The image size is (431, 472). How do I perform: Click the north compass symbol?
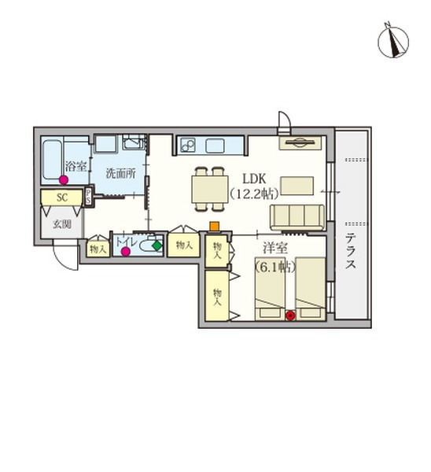pyautogui.click(x=392, y=41)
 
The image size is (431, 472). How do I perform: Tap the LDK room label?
pyautogui.click(x=254, y=179)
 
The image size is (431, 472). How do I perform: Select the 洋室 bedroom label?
pyautogui.click(x=275, y=248)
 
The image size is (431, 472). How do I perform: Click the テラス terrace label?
pyautogui.click(x=350, y=252)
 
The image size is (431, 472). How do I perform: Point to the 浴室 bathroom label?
pyautogui.click(x=76, y=166)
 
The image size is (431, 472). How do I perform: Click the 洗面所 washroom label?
pyautogui.click(x=120, y=173)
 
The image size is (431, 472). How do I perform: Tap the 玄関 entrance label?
pyautogui.click(x=62, y=224)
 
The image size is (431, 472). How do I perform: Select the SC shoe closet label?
pyautogui.click(x=62, y=197)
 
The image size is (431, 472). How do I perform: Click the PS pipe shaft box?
pyautogui.click(x=89, y=197)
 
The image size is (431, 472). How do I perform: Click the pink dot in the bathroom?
pyautogui.click(x=64, y=180)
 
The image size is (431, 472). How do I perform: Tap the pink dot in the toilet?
pyautogui.click(x=126, y=252)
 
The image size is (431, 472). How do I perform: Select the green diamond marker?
pyautogui.click(x=157, y=245)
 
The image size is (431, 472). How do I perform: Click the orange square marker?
pyautogui.click(x=214, y=227)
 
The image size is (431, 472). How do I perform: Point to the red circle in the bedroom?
pyautogui.click(x=290, y=315)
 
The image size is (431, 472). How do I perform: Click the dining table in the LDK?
pyautogui.click(x=210, y=190)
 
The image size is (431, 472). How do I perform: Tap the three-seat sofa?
pyautogui.click(x=297, y=217)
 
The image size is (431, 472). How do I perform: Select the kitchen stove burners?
pyautogui.click(x=188, y=146)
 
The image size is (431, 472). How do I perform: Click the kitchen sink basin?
pyautogui.click(x=215, y=146)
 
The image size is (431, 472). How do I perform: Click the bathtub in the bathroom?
pyautogui.click(x=52, y=160)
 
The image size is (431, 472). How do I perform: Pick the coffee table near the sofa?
pyautogui.click(x=297, y=186)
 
